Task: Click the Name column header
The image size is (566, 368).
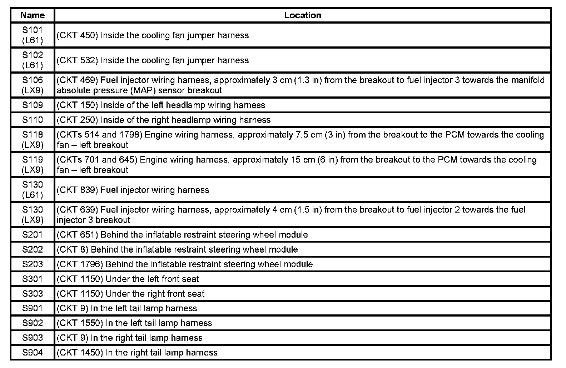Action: pyautogui.click(x=33, y=15)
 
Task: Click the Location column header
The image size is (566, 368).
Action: pyautogui.click(x=302, y=15)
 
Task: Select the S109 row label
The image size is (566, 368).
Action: pyautogui.click(x=33, y=105)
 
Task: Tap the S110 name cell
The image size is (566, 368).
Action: pyautogui.click(x=33, y=120)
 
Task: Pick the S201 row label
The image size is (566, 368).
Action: pyautogui.click(x=33, y=235)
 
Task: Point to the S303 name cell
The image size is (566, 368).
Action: pyautogui.click(x=33, y=294)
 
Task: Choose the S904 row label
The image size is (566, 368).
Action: pyautogui.click(x=33, y=353)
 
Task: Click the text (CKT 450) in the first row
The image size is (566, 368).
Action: pyautogui.click(x=77, y=35)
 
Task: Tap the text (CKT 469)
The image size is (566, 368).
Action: pyautogui.click(x=77, y=80)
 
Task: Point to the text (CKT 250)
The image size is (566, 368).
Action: pyautogui.click(x=77, y=120)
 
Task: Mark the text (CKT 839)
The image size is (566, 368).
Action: pyautogui.click(x=77, y=190)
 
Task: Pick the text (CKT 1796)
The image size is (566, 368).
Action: pyautogui.click(x=80, y=264)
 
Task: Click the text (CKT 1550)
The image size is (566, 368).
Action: pyautogui.click(x=80, y=323)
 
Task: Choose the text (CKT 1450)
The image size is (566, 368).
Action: pyautogui.click(x=80, y=353)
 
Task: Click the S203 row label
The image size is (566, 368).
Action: pyautogui.click(x=33, y=264)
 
